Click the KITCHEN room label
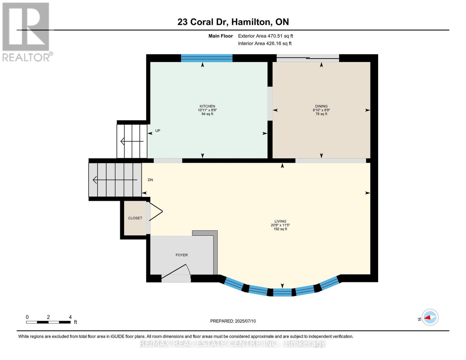tap(207, 106)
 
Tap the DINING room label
tap(321, 106)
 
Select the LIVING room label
tap(280, 221)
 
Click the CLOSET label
tap(135, 218)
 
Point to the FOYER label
tap(182, 255)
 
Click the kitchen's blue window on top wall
tap(207, 58)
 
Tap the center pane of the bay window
tap(282, 292)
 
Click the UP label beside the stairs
tap(158, 131)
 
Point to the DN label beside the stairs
tap(150, 180)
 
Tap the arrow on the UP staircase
tap(132, 141)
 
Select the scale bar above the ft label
tap(48, 322)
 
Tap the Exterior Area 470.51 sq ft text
tap(265, 36)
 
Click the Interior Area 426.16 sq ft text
tap(265, 43)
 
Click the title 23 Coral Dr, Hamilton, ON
tap(233, 22)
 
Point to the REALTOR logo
tap(26, 32)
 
